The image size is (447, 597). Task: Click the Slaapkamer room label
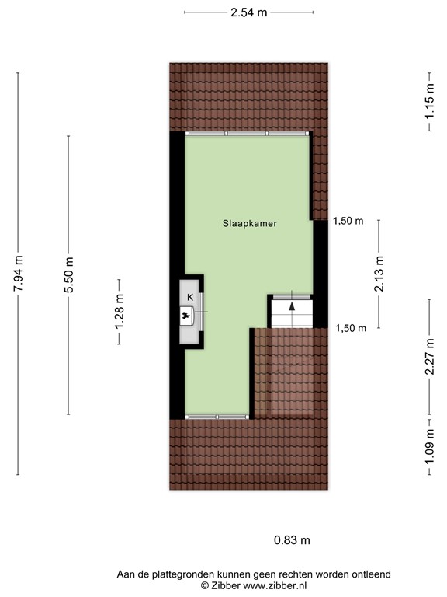pos(249,222)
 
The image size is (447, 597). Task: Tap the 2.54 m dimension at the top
pos(249,12)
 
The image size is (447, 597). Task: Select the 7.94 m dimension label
pos(18,274)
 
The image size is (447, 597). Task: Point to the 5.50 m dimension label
pos(69,274)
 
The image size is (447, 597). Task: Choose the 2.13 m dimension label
pos(379,274)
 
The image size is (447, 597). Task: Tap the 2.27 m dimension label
pos(428,355)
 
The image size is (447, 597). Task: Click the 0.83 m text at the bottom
pos(292,539)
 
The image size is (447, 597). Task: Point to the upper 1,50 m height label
pos(348,221)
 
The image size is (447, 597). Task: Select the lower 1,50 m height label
pos(350,328)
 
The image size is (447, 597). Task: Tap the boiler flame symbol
pos(188,315)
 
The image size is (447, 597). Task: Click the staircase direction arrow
pos(292,306)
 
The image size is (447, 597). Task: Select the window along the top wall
pos(247,134)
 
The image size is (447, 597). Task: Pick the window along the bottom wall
pos(217,417)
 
